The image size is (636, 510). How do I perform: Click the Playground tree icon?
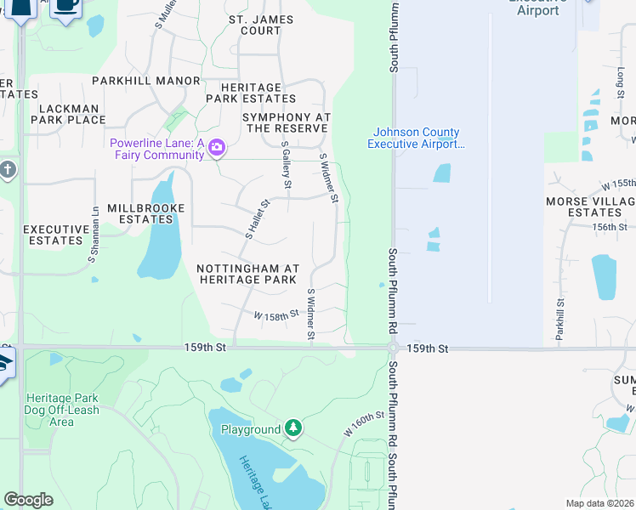pyautogui.click(x=293, y=428)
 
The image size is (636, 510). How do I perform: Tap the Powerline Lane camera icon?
pyautogui.click(x=217, y=149)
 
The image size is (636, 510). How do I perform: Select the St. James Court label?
pyautogui.click(x=261, y=25)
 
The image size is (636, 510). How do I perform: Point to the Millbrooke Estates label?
pyautogui.click(x=146, y=213)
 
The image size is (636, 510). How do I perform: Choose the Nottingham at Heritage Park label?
pyautogui.click(x=247, y=273)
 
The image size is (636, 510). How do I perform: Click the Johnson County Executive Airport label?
pyautogui.click(x=417, y=138)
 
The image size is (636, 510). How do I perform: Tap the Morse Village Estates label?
pyautogui.click(x=591, y=207)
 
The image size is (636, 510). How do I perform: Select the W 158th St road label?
pyautogui.click(x=276, y=314)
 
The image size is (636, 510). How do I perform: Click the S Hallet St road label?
pyautogui.click(x=257, y=218)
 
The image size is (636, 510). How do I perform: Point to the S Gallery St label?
pyautogui.click(x=287, y=166)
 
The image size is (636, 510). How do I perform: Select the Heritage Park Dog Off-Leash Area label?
pyautogui.click(x=62, y=410)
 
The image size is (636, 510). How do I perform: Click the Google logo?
pyautogui.click(x=28, y=500)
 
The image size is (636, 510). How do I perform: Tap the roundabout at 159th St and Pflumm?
pyautogui.click(x=393, y=348)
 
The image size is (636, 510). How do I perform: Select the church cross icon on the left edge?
pyautogui.click(x=9, y=169)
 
